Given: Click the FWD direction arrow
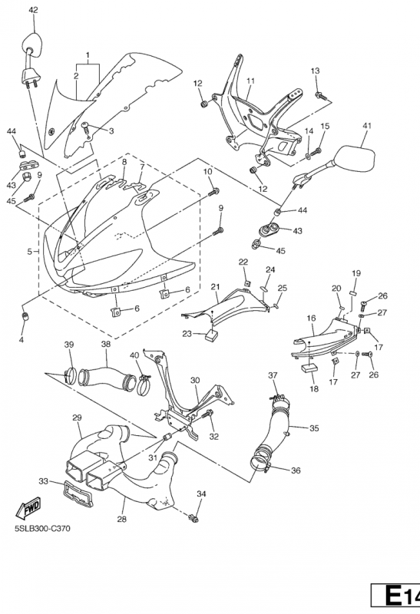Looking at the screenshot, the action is [28, 508].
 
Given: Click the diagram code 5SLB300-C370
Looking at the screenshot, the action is [43, 529].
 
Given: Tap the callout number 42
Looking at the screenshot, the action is [34, 10].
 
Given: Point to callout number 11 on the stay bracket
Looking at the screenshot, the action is [251, 81].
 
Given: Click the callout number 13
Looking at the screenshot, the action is [316, 71].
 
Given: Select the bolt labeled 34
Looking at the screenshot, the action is [193, 519].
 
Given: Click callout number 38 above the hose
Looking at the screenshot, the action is [106, 344].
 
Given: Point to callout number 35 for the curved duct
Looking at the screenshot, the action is [314, 428].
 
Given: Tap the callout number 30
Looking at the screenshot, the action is [195, 380].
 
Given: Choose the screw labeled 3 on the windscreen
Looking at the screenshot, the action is [86, 127].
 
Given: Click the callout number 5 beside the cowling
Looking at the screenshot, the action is [30, 252].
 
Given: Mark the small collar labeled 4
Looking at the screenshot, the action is [26, 316].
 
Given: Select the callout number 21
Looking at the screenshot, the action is [216, 287].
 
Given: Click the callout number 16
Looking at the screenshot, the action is [312, 319].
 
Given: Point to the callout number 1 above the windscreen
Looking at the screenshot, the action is [88, 54].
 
